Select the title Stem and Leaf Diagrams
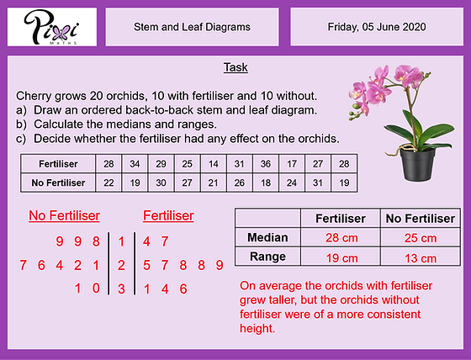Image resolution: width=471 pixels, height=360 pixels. (192, 27)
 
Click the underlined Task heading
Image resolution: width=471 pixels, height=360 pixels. (235, 66)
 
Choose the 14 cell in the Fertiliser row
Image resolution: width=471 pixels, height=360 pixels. (213, 162)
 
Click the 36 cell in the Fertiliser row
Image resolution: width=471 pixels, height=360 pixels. (265, 162)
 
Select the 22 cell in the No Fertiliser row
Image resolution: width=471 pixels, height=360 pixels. (108, 182)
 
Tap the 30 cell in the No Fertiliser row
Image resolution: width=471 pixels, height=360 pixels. (161, 182)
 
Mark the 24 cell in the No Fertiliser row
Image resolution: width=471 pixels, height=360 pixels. (291, 182)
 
